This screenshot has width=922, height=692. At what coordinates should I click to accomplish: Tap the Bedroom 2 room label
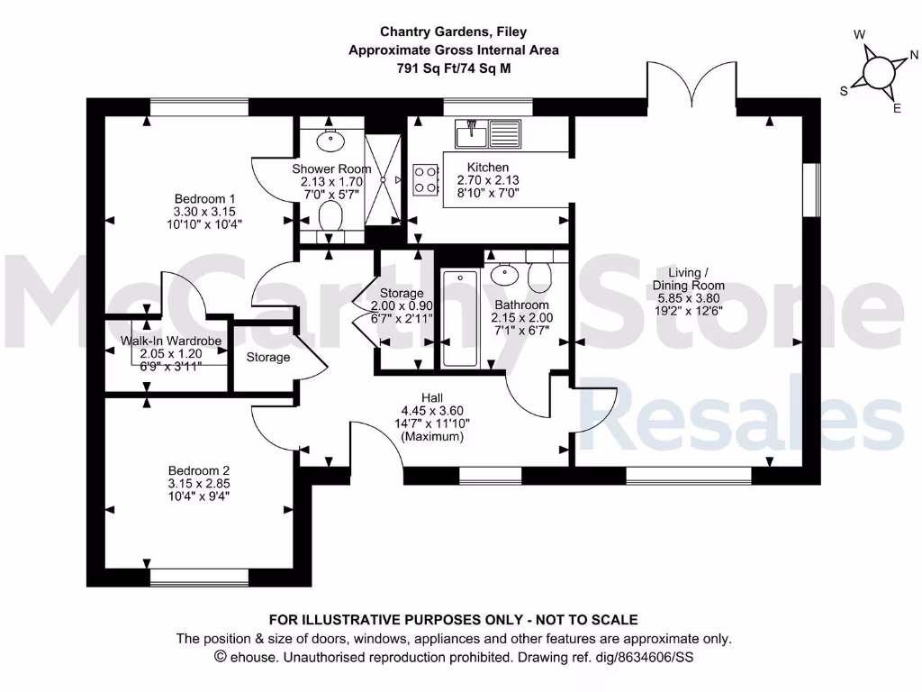(x=200, y=470)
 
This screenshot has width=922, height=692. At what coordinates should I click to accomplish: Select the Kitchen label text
(x=488, y=168)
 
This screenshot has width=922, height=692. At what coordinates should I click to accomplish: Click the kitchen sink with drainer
(x=487, y=134)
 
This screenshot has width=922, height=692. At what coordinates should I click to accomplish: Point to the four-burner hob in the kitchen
(x=426, y=179)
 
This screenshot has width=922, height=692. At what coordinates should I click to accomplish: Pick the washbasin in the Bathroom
(x=505, y=272)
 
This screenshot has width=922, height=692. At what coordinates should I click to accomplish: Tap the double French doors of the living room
(x=693, y=85)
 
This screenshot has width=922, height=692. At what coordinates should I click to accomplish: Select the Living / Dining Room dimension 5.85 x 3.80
(x=701, y=300)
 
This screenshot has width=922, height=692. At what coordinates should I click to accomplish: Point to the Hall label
(x=432, y=397)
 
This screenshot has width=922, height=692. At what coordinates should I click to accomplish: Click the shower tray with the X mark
(x=384, y=180)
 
